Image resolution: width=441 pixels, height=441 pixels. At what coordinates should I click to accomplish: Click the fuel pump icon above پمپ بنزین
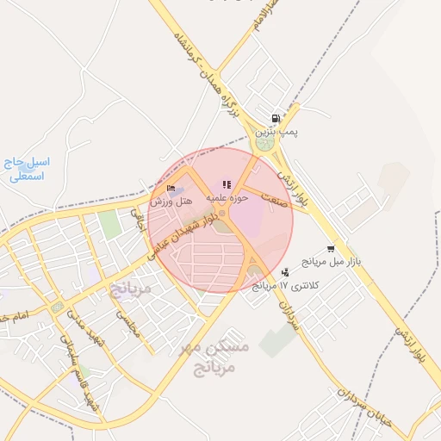point(275,119)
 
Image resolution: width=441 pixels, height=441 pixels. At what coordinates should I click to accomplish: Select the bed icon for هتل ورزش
point(171,189)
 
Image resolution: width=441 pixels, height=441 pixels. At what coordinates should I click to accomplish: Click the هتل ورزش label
point(171,201)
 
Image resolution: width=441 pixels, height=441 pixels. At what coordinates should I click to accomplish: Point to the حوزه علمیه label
point(227,198)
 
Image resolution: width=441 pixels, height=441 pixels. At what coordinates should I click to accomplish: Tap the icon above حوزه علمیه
point(227,184)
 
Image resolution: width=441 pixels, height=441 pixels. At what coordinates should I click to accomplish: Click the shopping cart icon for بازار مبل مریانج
point(331,248)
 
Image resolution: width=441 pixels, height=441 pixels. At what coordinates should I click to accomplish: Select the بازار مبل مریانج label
point(332,260)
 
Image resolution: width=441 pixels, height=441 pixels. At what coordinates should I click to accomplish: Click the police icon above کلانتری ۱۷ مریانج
point(285,272)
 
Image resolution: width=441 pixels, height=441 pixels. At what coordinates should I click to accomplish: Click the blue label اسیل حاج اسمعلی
point(28,169)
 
